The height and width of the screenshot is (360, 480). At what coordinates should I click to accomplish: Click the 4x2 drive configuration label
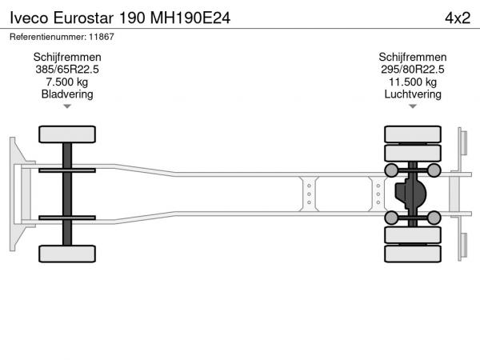tap(458, 18)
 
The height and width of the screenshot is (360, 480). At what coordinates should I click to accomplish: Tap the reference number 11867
tap(102, 37)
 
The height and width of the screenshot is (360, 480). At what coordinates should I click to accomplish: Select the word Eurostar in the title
tap(83, 18)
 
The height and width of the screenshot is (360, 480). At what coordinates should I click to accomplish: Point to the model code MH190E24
tap(190, 18)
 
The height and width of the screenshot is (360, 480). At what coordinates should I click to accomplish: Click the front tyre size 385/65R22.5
tap(67, 69)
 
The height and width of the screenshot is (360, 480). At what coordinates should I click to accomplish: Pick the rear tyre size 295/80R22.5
tap(412, 69)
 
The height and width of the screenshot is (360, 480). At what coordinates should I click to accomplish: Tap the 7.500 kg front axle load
tap(67, 82)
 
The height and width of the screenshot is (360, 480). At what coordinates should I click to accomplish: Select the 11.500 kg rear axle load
tap(413, 82)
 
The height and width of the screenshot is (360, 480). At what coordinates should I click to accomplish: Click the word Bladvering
tap(67, 94)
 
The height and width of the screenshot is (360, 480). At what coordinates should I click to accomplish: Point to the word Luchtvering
tap(413, 94)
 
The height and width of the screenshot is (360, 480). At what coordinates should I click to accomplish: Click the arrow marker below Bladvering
tap(67, 106)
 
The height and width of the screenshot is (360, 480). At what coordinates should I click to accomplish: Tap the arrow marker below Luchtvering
tap(413, 106)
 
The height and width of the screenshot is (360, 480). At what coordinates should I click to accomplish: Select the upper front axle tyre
tap(67, 134)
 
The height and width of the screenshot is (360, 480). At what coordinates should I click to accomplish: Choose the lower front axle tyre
tap(67, 254)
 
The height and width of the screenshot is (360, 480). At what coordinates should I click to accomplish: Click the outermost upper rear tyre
tap(413, 134)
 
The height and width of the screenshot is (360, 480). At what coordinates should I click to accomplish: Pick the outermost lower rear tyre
tap(413, 254)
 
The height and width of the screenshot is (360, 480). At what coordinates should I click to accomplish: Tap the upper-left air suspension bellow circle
tap(391, 170)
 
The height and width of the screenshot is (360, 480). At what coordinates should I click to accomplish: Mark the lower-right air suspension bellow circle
tap(434, 218)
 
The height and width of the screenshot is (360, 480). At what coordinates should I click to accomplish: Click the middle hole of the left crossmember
tap(309, 194)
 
